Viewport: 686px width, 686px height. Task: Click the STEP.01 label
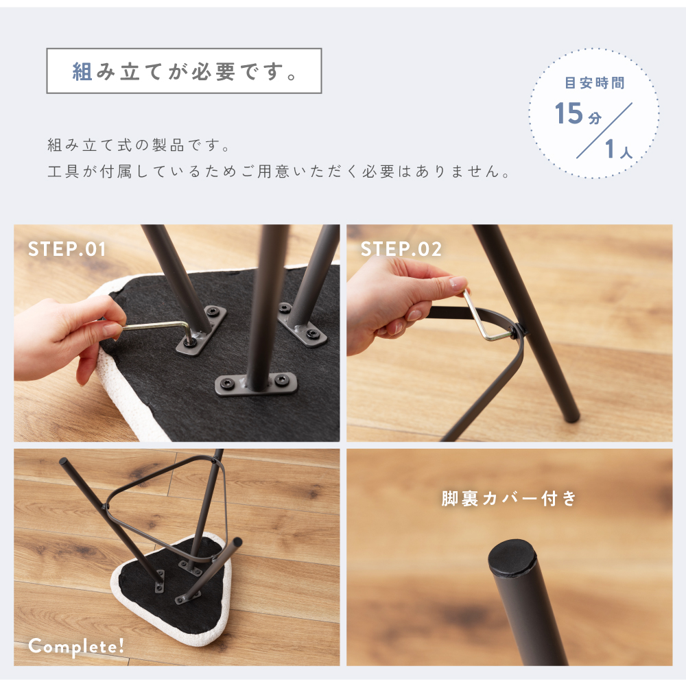coord(67,250)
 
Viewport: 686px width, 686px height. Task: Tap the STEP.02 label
coord(401,250)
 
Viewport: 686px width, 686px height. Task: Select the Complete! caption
coord(76,647)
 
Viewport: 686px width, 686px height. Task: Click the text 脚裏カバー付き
coord(509,498)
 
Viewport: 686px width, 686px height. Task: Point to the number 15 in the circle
coord(569,113)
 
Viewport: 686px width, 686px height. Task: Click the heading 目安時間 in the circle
coord(595,83)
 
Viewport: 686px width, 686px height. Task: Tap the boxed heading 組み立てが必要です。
coord(184,71)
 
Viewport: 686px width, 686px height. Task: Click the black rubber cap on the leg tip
coord(512,557)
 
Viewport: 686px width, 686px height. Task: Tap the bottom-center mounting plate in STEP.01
coord(257,384)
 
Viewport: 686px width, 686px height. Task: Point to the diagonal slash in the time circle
coord(604,130)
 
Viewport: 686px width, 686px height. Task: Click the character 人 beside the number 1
coord(626,152)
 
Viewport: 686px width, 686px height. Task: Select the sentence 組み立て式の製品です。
coord(139,145)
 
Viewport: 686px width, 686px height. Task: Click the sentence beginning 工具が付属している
coord(279,171)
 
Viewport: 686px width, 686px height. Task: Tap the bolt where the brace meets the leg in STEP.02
coord(519,331)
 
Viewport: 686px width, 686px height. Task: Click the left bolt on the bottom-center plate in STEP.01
coord(226,384)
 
